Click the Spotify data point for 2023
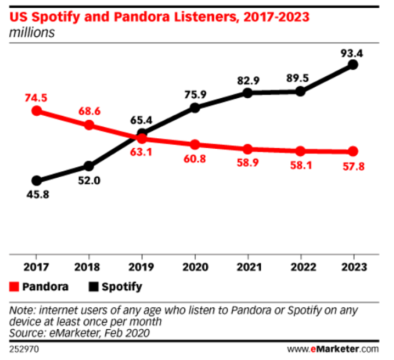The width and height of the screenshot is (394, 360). tap(353, 65)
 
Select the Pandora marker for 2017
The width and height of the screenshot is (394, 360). tap(37, 111)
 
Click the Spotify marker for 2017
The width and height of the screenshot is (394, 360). tap(37, 181)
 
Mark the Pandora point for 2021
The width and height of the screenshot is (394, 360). tap(247, 149)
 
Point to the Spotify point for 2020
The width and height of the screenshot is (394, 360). tap(195, 108)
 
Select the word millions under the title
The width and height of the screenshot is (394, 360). tap(32, 32)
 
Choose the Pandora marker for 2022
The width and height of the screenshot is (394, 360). tap(300, 151)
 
